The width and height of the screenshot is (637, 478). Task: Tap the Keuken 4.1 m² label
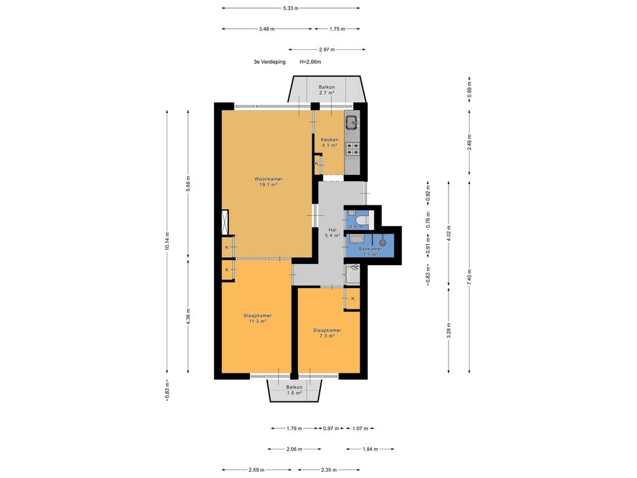coord(330,143)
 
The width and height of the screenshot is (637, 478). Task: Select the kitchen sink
coord(351,121)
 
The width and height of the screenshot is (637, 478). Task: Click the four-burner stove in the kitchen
coord(353,149)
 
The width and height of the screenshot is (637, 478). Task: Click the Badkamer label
coord(370,249)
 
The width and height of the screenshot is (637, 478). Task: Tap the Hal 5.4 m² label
coord(332,233)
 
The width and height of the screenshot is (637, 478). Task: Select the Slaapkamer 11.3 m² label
coord(258,318)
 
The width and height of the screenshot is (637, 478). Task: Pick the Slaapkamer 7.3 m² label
coord(327,333)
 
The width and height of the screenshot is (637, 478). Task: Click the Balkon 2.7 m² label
coord(327,90)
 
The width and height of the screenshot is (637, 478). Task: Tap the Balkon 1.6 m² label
coord(294,390)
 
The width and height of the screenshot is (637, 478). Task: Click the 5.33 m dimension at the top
coord(291,7)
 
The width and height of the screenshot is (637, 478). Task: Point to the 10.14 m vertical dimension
coord(167,241)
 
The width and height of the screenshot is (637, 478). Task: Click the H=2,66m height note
coord(310,62)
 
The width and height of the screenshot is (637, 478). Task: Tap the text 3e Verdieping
coord(270,62)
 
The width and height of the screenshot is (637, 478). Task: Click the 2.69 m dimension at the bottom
coord(256,470)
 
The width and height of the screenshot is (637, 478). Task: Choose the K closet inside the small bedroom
coord(353,299)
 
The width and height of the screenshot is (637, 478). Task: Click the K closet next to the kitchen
coord(317,164)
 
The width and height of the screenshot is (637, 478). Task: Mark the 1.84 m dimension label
coord(370,449)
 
